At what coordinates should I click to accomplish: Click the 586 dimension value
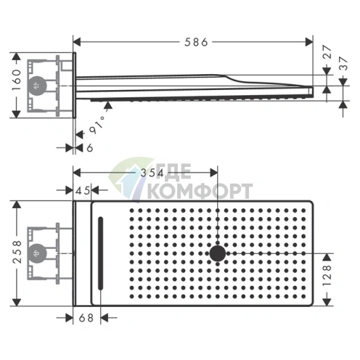pyautogui.click(x=196, y=42)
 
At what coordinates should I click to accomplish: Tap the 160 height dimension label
pyautogui.click(x=17, y=80)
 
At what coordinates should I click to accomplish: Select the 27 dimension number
pyautogui.click(x=327, y=52)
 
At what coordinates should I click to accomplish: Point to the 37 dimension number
pyautogui.click(x=343, y=63)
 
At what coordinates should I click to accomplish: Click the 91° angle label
pyautogui.click(x=97, y=125)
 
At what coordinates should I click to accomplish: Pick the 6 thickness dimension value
pyautogui.click(x=89, y=147)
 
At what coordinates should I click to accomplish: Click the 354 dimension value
pyautogui.click(x=152, y=173)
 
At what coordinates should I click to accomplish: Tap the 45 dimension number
pyautogui.click(x=83, y=191)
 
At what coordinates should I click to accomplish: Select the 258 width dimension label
pyautogui.click(x=17, y=252)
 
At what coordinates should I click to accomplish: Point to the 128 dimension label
pyautogui.click(x=327, y=276)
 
